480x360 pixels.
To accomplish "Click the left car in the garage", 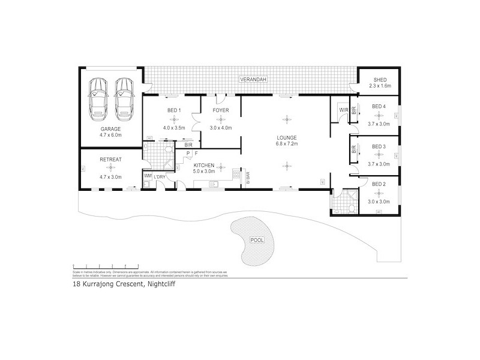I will click(x=98, y=97).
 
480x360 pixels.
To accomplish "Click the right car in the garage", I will click(x=124, y=97).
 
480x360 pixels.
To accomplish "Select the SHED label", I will click(x=380, y=80).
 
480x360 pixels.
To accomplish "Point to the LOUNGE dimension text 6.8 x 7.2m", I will click(x=287, y=143).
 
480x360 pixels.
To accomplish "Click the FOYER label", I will click(x=221, y=110).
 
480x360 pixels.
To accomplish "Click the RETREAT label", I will click(x=110, y=159).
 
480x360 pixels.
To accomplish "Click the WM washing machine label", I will click(x=147, y=175).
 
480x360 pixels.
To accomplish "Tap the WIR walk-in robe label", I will click(x=343, y=110).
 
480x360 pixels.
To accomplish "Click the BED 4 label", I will click(x=379, y=106).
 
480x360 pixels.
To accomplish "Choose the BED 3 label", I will click(x=379, y=146).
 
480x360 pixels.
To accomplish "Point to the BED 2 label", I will click(x=379, y=184).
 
